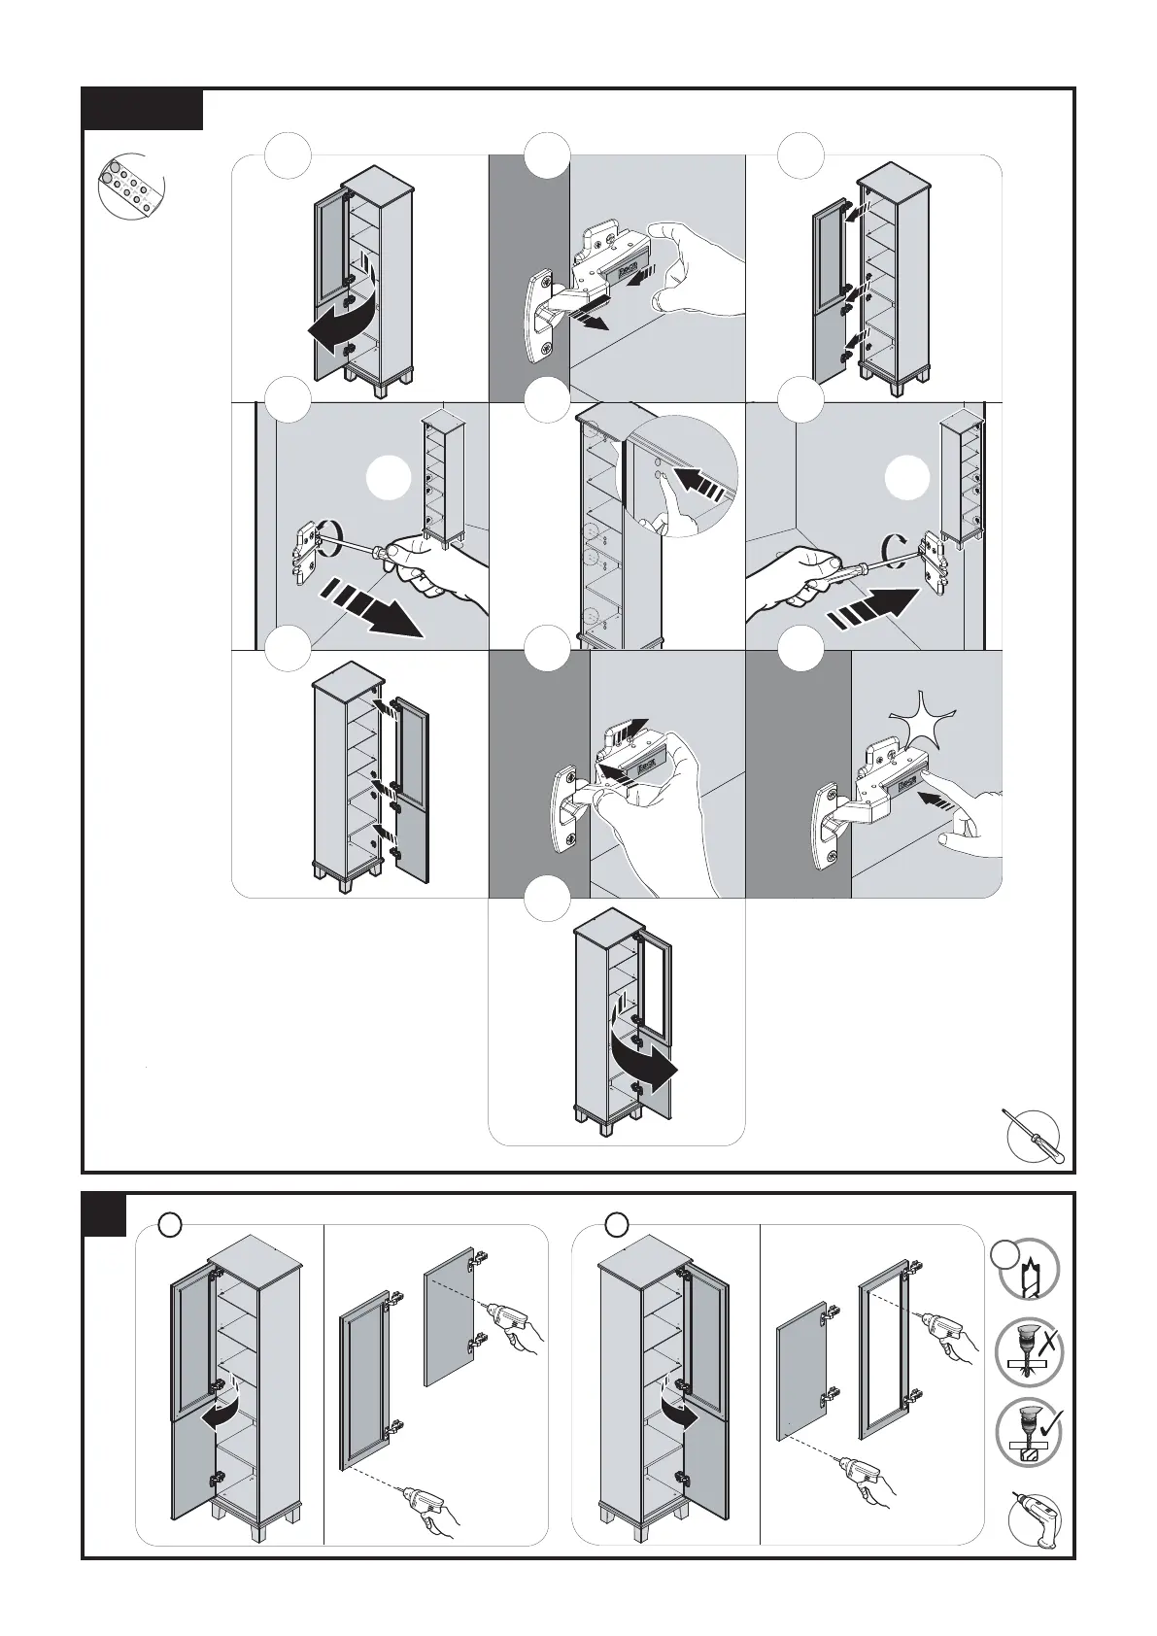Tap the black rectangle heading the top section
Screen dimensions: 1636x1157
(142, 109)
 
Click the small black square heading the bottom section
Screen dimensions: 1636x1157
(104, 1215)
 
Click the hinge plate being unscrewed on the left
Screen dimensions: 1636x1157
(309, 551)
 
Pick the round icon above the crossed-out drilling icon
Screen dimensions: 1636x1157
(1029, 1269)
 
